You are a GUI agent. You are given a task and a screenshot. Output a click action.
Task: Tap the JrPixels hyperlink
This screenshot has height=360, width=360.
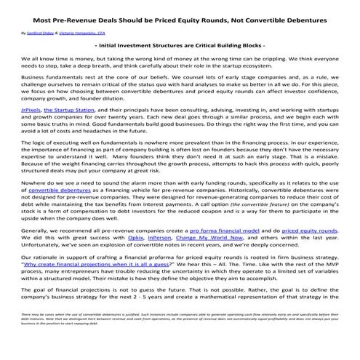coord(31,129)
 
